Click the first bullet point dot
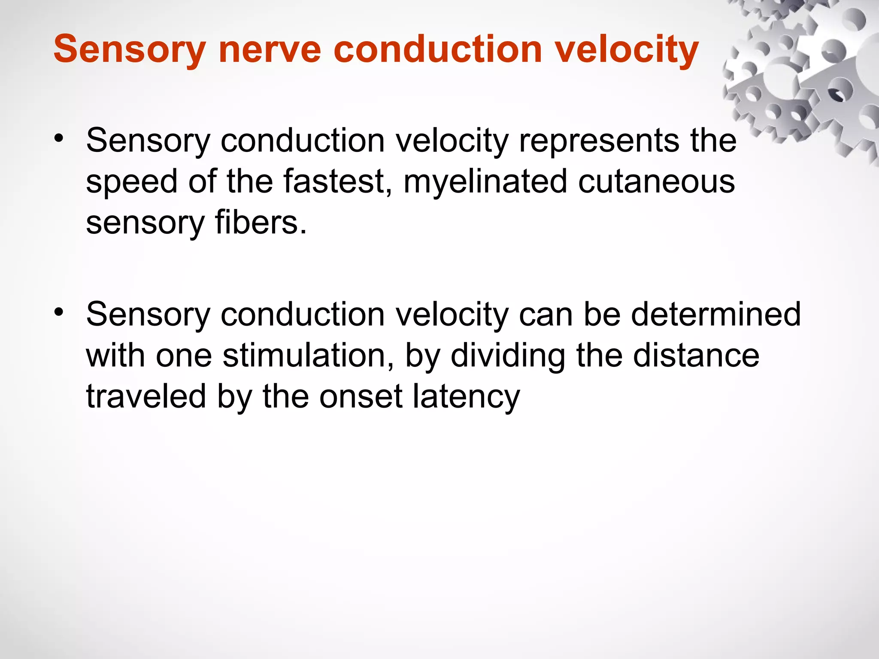tap(59, 138)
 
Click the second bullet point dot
tap(59, 312)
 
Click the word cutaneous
tap(656, 181)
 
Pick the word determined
tap(715, 314)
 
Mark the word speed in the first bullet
tap(131, 181)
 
